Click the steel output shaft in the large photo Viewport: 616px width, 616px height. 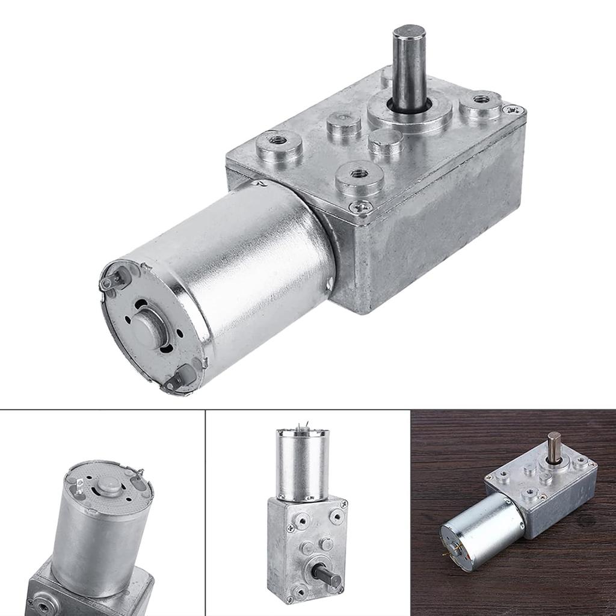[x=409, y=66]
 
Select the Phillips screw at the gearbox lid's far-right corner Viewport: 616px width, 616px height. [x=513, y=109]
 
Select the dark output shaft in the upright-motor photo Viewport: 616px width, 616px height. [x=328, y=577]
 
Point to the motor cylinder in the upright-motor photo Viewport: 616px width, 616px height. [x=303, y=463]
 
